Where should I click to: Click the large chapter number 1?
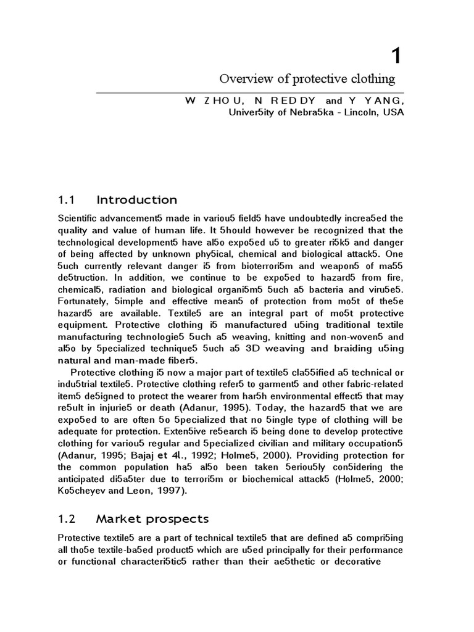(x=396, y=56)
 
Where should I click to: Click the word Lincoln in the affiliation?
(x=357, y=112)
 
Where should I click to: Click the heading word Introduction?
(x=136, y=200)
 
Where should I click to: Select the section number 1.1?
(x=66, y=200)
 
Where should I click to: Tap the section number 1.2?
(x=67, y=518)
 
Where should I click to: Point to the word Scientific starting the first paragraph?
(x=80, y=218)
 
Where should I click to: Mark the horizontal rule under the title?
(x=250, y=93)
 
